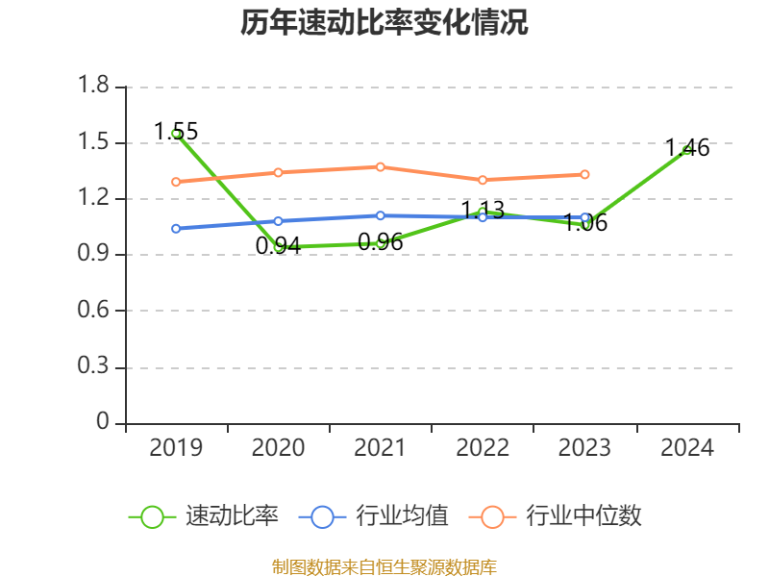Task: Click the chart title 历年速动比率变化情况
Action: (x=384, y=23)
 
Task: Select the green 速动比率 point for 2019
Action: (x=176, y=134)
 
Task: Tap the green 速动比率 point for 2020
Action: (x=279, y=247)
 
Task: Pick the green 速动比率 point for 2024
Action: (x=686, y=150)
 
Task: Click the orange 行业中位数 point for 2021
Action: (x=381, y=166)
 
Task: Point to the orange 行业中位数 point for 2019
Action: (x=176, y=182)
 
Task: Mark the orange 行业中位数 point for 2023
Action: (x=584, y=174)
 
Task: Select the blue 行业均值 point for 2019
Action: (x=176, y=229)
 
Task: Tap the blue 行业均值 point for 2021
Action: (x=381, y=215)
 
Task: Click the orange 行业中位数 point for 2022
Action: (x=483, y=180)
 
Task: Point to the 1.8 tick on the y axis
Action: (x=95, y=87)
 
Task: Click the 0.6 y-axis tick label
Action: (x=95, y=311)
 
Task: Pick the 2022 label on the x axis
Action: (x=483, y=448)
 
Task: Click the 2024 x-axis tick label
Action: (x=686, y=448)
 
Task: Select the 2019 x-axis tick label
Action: (x=176, y=448)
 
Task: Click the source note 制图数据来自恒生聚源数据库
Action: (x=384, y=566)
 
